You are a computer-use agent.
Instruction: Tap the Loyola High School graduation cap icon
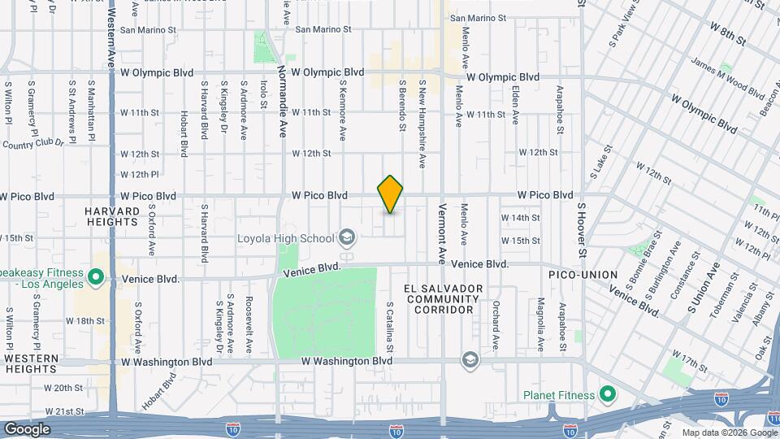[x=347, y=238]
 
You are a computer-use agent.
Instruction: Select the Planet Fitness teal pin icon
[x=606, y=396]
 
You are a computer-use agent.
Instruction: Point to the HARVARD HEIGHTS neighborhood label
[x=111, y=215]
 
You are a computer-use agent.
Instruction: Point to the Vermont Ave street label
[x=443, y=233]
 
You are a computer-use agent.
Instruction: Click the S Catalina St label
[x=391, y=327]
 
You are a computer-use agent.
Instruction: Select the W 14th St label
[x=520, y=218]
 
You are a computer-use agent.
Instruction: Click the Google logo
[x=27, y=428]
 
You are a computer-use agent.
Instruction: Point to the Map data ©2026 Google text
[x=729, y=432]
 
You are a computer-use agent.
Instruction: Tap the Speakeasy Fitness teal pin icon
[x=96, y=278]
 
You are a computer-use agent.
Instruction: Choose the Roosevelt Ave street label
[x=249, y=324]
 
